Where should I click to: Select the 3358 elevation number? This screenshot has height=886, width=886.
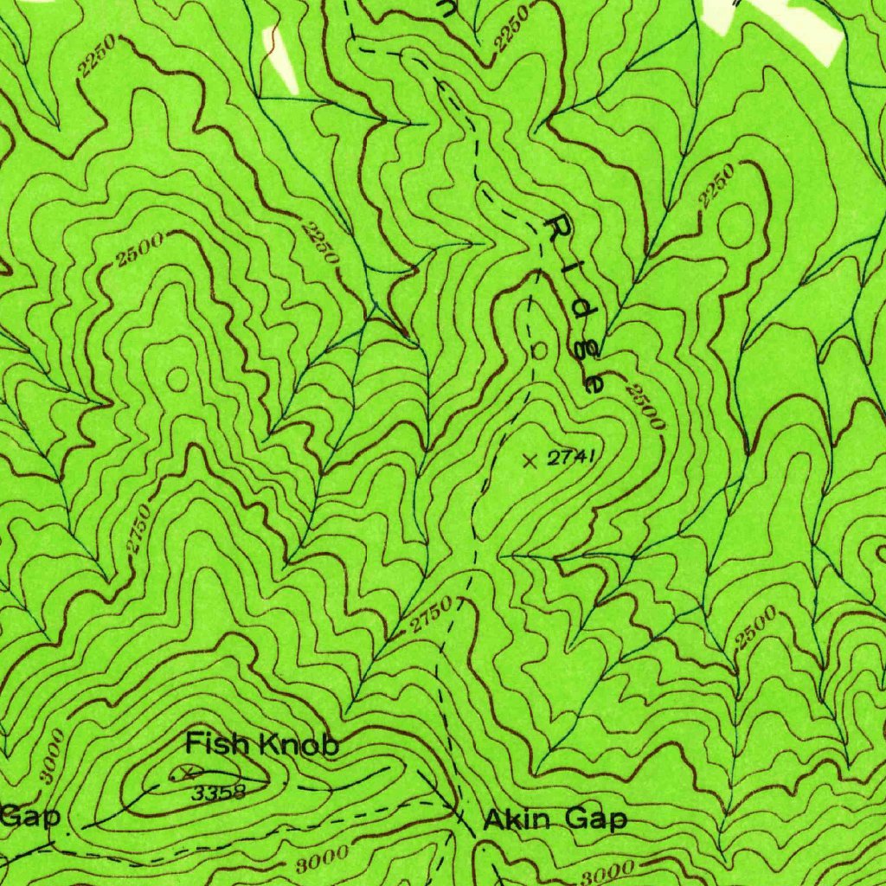point(219,791)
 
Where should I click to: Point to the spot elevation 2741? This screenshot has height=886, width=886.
point(572,459)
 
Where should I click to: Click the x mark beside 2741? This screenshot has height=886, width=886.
point(530,460)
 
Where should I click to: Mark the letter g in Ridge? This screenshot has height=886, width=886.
point(582,346)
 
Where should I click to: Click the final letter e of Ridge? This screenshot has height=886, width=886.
point(594,381)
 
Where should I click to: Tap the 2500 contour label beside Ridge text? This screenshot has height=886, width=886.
point(646,407)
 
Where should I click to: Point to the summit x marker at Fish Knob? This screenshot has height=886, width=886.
point(186,769)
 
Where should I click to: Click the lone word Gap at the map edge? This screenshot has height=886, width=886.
point(28,815)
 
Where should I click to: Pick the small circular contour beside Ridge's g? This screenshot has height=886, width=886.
point(539,351)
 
